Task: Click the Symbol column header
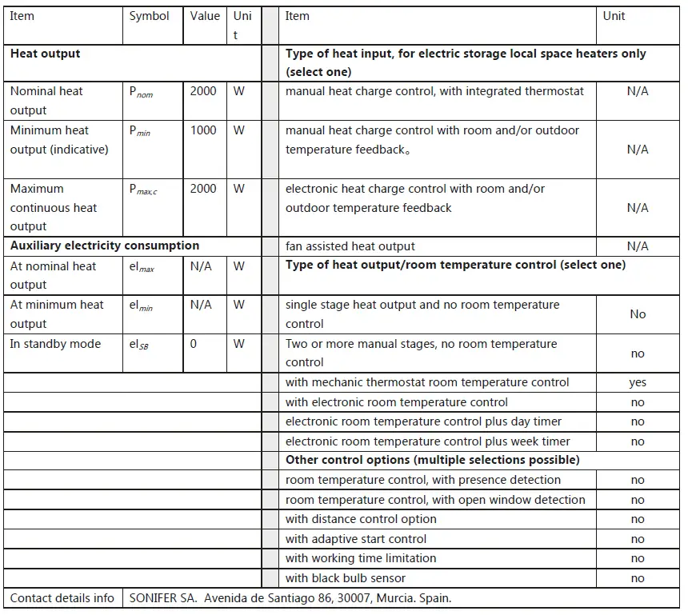[x=150, y=16]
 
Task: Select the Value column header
[x=205, y=16]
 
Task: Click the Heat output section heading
[x=46, y=54]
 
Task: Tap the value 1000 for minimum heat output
[x=203, y=130]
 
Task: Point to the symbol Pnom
[x=141, y=92]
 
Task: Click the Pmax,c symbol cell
[x=143, y=190]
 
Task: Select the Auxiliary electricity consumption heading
[x=105, y=246]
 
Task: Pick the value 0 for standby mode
[x=193, y=344]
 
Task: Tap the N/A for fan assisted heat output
[x=638, y=246]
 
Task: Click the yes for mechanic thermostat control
[x=638, y=382]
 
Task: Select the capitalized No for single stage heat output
[x=638, y=314]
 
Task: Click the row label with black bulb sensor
[x=346, y=578]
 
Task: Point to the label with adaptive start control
[x=356, y=539]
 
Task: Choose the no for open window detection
[x=638, y=500]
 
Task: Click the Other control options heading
[x=433, y=460]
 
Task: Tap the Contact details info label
[x=62, y=597]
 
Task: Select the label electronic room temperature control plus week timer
[x=428, y=441]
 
